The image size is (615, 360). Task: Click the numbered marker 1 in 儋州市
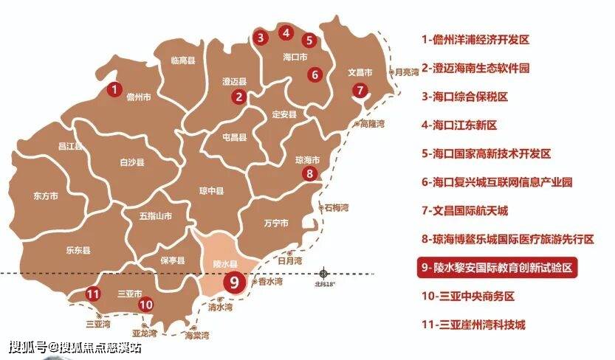(x=114, y=90)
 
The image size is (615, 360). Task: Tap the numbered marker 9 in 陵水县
(x=234, y=281)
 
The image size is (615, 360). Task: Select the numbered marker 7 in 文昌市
(x=360, y=91)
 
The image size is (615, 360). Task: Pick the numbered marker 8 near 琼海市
(x=310, y=173)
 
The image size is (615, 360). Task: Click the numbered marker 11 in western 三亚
(x=92, y=294)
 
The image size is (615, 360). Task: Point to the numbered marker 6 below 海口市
(x=315, y=74)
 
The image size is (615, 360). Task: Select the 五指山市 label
(x=155, y=216)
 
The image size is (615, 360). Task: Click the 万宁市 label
(x=275, y=223)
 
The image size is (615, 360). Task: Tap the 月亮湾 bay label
(x=406, y=72)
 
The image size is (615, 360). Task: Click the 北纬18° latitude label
(x=325, y=284)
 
